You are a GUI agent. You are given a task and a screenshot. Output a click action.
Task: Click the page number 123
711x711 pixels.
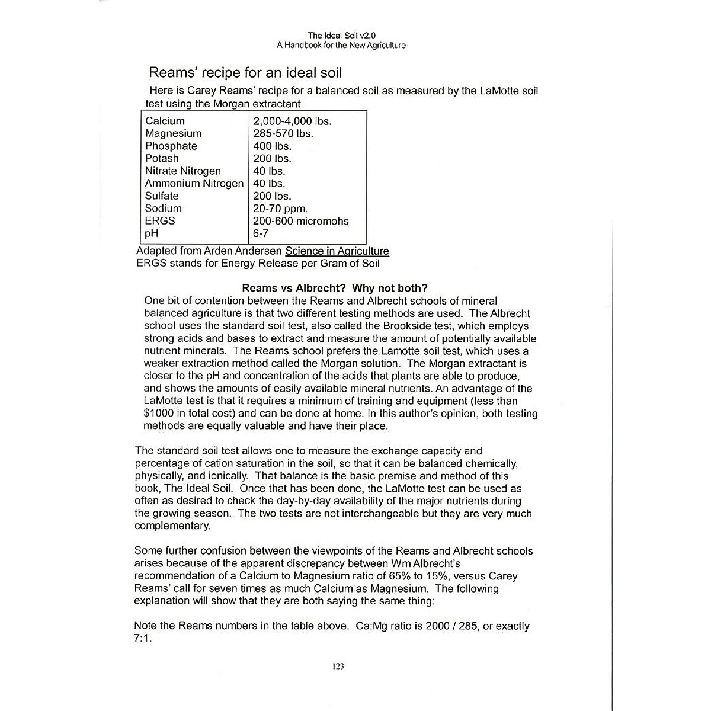pyautogui.click(x=338, y=666)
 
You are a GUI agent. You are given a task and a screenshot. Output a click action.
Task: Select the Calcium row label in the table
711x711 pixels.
pyautogui.click(x=165, y=121)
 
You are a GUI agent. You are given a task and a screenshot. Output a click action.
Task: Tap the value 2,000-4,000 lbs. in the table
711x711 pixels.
pyautogui.click(x=292, y=121)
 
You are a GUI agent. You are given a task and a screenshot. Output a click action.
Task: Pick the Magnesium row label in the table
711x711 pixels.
pyautogui.click(x=173, y=133)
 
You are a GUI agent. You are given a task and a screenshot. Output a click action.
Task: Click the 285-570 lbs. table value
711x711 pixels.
pyautogui.click(x=283, y=133)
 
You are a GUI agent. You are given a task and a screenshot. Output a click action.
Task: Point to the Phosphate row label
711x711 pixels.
pyautogui.click(x=171, y=146)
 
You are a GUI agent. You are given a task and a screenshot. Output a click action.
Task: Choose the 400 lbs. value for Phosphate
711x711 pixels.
pyautogui.click(x=273, y=146)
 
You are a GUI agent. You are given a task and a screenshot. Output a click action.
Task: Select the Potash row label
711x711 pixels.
pyautogui.click(x=162, y=158)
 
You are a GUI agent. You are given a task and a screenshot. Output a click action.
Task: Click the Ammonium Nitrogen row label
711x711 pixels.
pyautogui.click(x=194, y=184)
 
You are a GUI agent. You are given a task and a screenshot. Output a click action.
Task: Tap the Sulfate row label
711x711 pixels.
pyautogui.click(x=162, y=196)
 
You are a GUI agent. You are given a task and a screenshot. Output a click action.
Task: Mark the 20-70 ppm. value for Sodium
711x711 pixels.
pyautogui.click(x=280, y=209)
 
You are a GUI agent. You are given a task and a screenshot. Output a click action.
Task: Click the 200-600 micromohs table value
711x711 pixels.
pyautogui.click(x=301, y=221)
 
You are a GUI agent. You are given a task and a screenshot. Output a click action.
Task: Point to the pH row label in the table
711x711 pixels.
pyautogui.click(x=152, y=233)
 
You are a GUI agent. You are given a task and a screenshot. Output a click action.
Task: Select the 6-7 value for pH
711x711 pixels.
pyautogui.click(x=261, y=233)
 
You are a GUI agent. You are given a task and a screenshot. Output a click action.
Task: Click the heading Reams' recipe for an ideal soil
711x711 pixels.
pyautogui.click(x=245, y=73)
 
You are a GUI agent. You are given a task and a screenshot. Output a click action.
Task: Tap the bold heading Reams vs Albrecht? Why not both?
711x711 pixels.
pyautogui.click(x=335, y=289)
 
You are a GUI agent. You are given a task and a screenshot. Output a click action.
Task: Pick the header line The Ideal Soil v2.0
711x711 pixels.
pyautogui.click(x=341, y=36)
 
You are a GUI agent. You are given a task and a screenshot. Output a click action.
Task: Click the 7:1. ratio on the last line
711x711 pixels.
pyautogui.click(x=143, y=639)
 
